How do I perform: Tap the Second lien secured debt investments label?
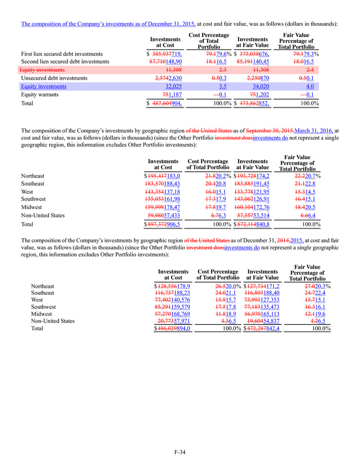tap(65, 61)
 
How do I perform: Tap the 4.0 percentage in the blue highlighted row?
tap(310, 86)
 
